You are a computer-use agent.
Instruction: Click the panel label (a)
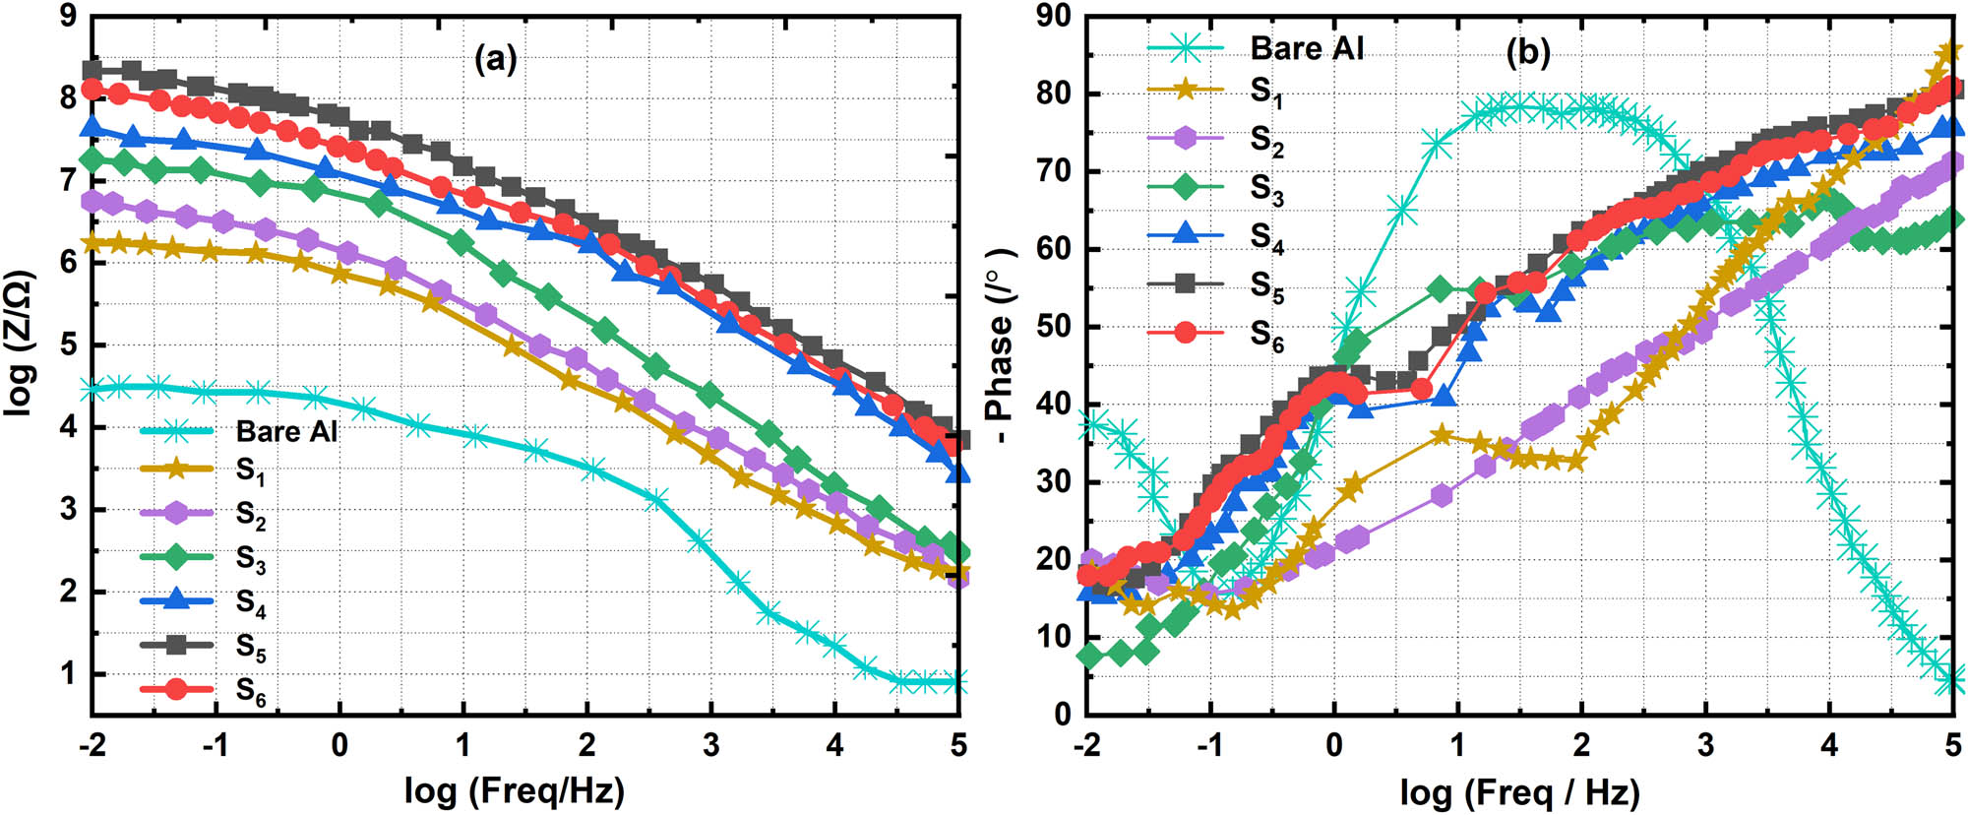(495, 59)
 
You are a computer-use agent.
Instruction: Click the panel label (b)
(1528, 51)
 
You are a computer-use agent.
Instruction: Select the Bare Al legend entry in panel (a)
(286, 431)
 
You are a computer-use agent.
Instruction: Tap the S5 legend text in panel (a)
(251, 647)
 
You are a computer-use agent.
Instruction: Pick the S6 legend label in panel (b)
(1266, 336)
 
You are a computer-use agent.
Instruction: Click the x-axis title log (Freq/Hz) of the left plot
(514, 789)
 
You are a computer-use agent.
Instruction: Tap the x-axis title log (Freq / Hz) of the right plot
(1519, 791)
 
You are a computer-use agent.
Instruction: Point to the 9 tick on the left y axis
(68, 17)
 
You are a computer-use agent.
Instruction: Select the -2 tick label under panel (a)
(91, 745)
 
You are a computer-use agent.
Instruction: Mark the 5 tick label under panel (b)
(1952, 745)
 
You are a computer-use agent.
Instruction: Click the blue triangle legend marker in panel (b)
(1185, 232)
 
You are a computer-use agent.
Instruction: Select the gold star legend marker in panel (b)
(1185, 90)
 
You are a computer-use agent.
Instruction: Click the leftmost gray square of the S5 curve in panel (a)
(92, 69)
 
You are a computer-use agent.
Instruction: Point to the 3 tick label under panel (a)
(710, 745)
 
